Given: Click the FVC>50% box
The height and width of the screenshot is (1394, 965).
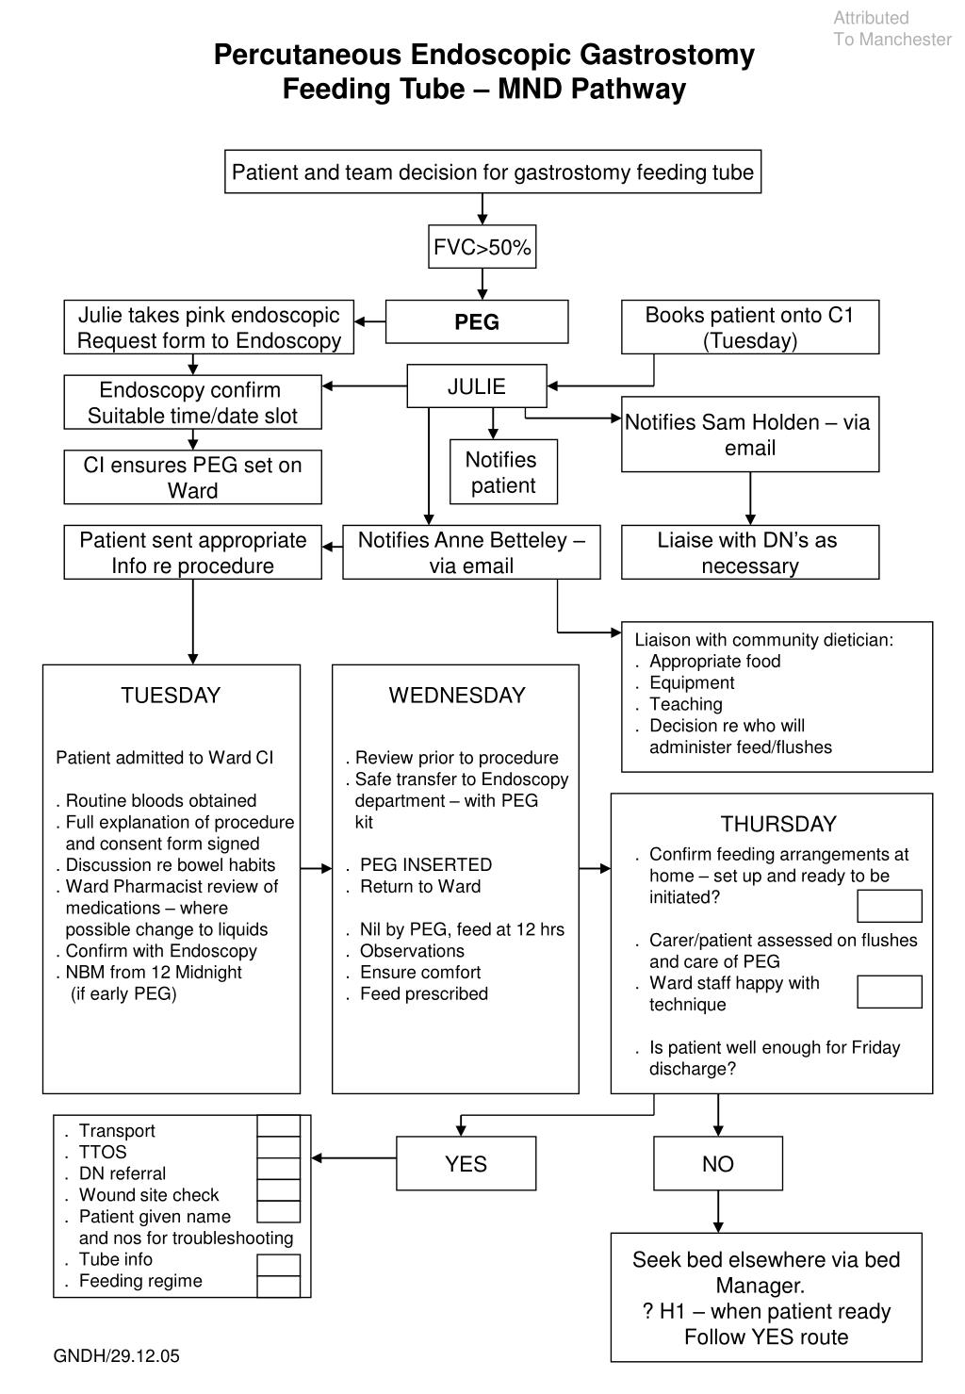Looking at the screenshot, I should tap(482, 248).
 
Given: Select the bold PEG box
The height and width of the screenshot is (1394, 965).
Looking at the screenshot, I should tap(477, 322).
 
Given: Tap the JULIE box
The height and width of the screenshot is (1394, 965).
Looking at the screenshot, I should tap(477, 386).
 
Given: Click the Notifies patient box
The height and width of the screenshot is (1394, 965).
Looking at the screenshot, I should tap(503, 472).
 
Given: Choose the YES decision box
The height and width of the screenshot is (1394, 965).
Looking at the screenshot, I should tap(466, 1164).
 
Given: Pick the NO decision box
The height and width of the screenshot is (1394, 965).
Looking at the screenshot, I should tap(718, 1164).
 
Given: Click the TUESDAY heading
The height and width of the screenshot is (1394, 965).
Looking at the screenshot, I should tap(171, 696).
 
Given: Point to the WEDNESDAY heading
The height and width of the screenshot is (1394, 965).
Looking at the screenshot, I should tap(457, 696).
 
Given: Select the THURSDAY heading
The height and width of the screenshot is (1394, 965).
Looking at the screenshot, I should tap(778, 825).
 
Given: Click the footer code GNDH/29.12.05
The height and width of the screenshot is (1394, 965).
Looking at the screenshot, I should tap(116, 1356).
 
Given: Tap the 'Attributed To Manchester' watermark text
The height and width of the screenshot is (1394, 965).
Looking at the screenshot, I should tap(891, 28).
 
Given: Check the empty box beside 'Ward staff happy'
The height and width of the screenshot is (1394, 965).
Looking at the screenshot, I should tap(889, 992).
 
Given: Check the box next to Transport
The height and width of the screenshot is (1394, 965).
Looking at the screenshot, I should tap(279, 1126).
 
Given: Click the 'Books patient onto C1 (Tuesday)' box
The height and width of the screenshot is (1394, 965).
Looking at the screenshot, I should tap(750, 327).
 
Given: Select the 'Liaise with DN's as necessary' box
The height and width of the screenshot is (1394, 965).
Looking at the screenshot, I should tap(750, 552).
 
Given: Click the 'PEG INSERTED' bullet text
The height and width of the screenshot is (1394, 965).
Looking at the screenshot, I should tap(426, 865).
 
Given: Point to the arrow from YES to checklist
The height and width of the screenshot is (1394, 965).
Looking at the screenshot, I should tap(353, 1157).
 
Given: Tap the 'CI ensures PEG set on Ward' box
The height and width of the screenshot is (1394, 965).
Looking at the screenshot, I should tap(193, 477).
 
